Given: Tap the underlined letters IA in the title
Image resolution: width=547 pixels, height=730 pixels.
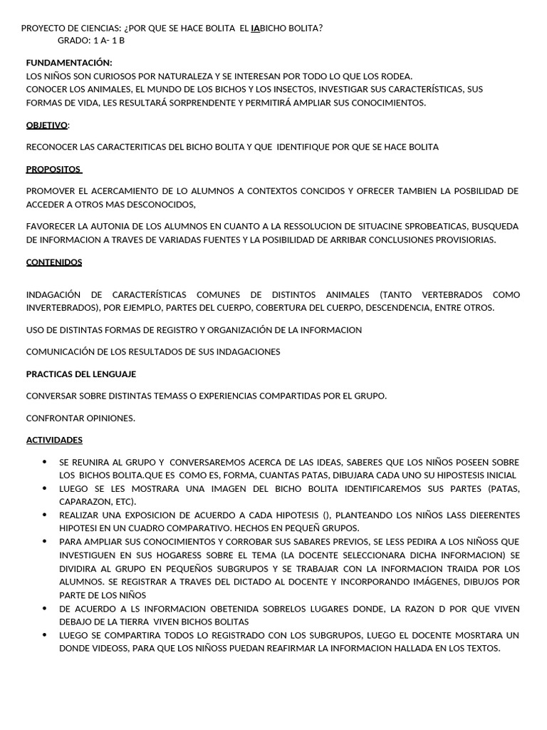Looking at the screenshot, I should tap(256, 29).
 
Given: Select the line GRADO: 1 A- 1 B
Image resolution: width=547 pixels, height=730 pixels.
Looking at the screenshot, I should tap(90, 41).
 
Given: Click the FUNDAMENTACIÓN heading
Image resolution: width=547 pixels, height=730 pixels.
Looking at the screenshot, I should tap(69, 63).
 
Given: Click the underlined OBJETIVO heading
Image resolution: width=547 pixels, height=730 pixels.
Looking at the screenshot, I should tap(47, 125).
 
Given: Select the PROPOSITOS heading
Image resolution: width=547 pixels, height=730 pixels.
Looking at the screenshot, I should tap(54, 169).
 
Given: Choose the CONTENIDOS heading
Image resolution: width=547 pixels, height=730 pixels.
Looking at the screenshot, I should tap(54, 262).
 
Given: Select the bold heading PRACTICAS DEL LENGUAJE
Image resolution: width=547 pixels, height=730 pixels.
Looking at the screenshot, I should tap(81, 374).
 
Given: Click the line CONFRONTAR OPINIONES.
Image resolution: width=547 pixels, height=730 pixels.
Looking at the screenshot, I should tap(80, 418).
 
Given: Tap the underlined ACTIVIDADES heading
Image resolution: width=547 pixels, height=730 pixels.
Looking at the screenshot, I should tap(54, 440).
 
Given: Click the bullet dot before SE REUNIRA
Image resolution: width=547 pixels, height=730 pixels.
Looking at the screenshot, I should tap(46, 462).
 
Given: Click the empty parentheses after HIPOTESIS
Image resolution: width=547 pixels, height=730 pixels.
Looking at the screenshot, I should tap(326, 515).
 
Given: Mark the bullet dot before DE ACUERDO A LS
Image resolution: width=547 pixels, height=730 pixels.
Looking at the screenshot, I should tap(46, 608).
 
